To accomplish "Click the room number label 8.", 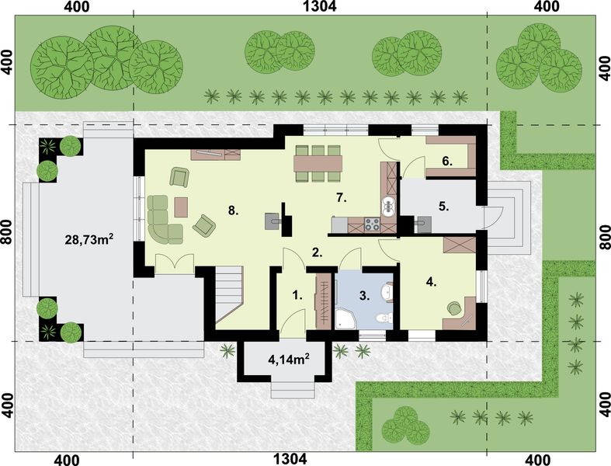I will [232, 210].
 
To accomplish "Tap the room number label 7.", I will [339, 198].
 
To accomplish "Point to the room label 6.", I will [446, 161].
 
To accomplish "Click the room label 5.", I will [444, 207].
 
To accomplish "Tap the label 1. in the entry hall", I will [296, 295].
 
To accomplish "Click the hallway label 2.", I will [317, 252].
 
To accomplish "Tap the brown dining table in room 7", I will [318, 163].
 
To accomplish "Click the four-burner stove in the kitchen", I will [372, 226].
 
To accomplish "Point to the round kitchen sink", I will [390, 205].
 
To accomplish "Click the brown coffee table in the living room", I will [182, 207].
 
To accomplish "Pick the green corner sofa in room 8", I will [161, 221].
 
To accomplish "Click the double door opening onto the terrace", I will [173, 263].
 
